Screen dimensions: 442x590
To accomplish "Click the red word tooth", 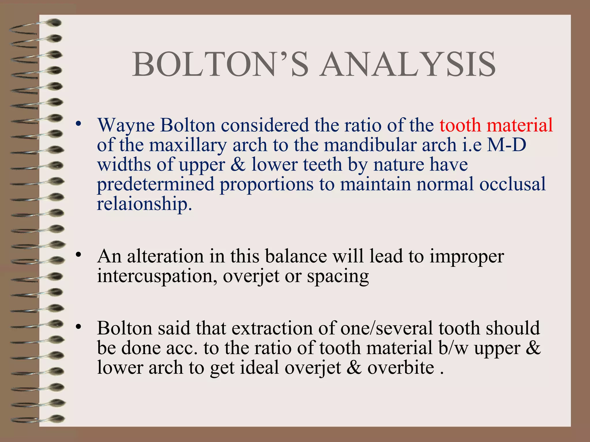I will pyautogui.click(x=460, y=125).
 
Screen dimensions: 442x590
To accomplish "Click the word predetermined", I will pyautogui.click(x=156, y=184).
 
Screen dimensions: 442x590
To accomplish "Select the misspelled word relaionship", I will pyautogui.click(x=144, y=204).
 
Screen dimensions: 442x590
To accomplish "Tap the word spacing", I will pyautogui.click(x=338, y=277).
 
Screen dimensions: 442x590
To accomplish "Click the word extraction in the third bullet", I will pyautogui.click(x=272, y=328).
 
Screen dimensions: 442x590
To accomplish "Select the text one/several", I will pyautogui.click(x=386, y=328).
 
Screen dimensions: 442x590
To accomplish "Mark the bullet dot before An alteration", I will pyautogui.click(x=78, y=255).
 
